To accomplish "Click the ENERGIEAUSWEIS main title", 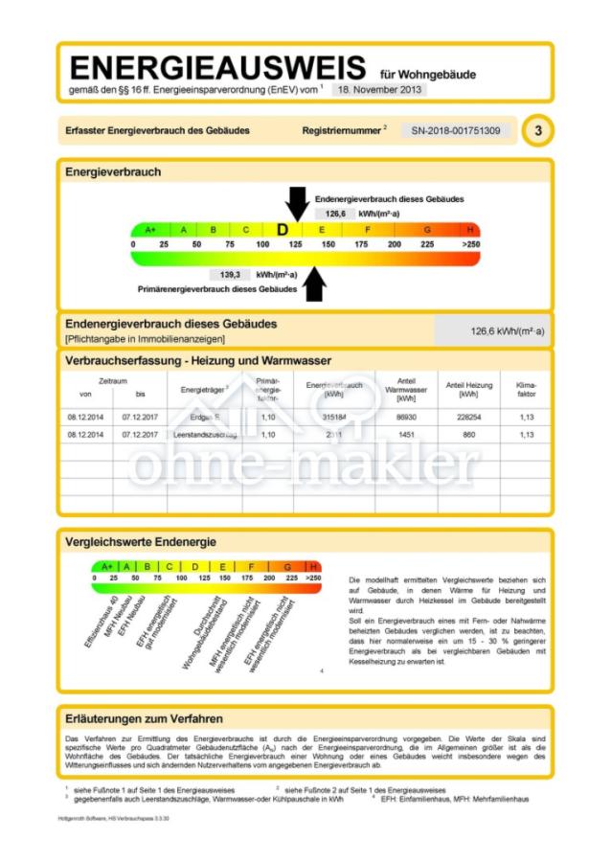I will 217,68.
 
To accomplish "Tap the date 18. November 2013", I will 378,89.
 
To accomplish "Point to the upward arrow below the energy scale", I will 315,284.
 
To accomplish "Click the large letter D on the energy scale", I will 283,230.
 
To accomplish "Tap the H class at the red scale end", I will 470,230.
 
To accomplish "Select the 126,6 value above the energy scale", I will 335,215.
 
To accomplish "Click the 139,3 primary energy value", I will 230,274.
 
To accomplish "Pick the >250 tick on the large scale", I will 470,245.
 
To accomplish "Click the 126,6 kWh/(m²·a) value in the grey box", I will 507,331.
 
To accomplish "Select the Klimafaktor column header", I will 526,388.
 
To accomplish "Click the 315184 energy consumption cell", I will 333,417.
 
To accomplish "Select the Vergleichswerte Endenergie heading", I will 140,541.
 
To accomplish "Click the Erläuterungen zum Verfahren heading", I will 144,718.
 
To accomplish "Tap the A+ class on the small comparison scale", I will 106,566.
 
